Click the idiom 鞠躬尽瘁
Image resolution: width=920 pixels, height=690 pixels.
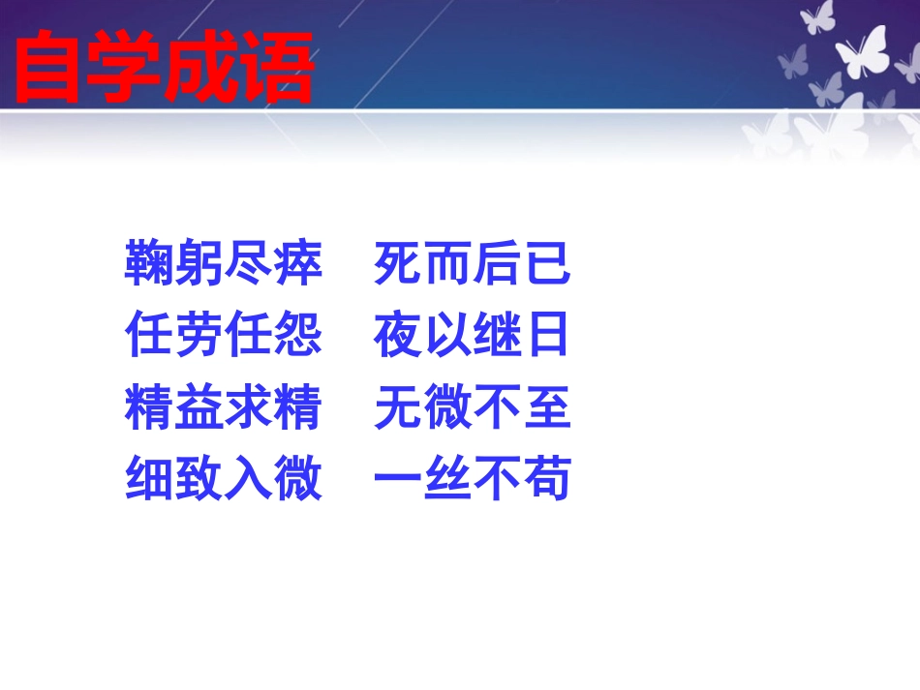223,264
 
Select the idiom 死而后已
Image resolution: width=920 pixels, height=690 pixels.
472,264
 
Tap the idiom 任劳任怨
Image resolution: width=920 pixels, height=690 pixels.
223,337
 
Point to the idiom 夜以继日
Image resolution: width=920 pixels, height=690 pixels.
472,337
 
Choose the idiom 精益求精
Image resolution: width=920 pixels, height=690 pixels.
223,407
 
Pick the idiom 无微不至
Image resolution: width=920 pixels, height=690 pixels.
472,407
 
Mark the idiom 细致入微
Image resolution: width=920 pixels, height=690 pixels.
223,479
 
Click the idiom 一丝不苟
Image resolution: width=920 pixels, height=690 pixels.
472,479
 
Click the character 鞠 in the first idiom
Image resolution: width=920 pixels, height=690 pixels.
149,264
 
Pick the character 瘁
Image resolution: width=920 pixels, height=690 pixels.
297,264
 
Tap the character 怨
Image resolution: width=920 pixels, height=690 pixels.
297,337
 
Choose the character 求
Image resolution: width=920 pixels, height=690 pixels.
248,407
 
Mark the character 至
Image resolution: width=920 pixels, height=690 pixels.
546,407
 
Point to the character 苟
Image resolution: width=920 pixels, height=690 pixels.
546,479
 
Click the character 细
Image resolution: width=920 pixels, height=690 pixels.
149,479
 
